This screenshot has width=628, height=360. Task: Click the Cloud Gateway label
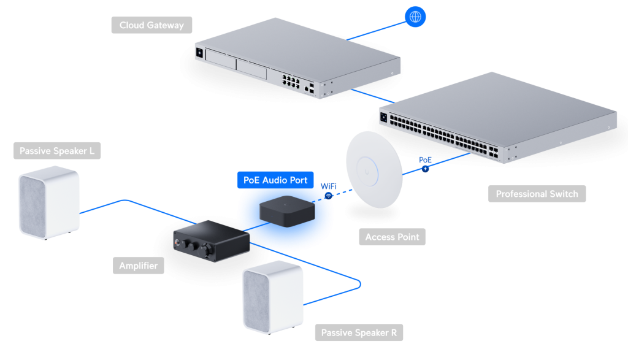(151, 25)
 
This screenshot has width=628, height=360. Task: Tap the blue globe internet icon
(415, 17)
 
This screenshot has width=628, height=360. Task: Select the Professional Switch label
(537, 194)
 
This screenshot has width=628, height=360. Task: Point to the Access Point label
(392, 237)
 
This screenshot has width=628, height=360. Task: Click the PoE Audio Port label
(275, 180)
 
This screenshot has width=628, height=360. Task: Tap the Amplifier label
(138, 266)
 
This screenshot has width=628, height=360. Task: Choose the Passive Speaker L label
(56, 151)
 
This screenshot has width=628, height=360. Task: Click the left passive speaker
(49, 204)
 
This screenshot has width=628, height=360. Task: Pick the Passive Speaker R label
(359, 333)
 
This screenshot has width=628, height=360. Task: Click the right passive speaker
(273, 297)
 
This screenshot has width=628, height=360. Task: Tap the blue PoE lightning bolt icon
(424, 168)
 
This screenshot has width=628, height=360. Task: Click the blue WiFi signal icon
(329, 196)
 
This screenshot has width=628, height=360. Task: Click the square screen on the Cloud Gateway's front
(199, 54)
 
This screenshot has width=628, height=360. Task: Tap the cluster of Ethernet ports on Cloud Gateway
(288, 80)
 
